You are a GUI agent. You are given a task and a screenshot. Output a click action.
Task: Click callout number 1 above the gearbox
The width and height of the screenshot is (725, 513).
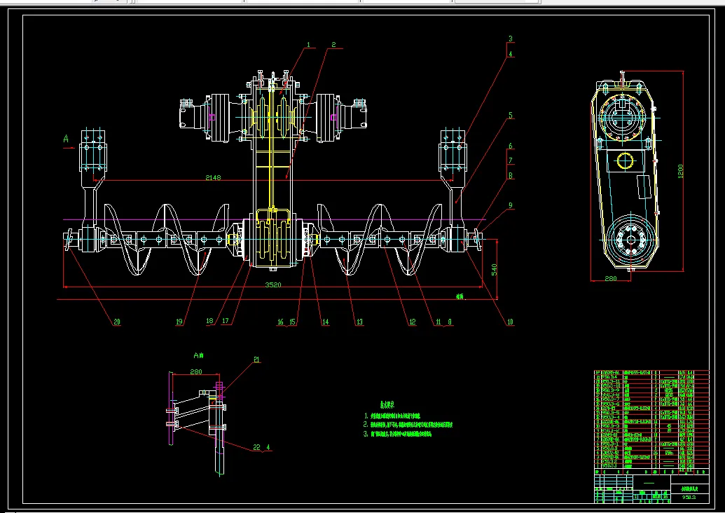coord(308,45)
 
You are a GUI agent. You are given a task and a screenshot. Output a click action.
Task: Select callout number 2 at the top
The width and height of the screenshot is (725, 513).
coord(333,45)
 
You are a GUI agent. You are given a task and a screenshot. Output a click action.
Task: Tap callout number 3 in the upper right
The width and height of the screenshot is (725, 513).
coord(511,39)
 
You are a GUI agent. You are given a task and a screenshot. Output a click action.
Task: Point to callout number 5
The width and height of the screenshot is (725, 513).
coord(511,114)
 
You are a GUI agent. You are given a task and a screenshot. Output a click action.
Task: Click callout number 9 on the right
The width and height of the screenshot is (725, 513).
coord(511,205)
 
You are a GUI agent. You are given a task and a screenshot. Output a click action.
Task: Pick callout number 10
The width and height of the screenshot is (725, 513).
coord(510,322)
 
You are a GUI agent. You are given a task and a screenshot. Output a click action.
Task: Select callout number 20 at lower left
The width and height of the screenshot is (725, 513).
coord(117,322)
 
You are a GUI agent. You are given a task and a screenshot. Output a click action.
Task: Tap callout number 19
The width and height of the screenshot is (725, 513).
coord(179,322)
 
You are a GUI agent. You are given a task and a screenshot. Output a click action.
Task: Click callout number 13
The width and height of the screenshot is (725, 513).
coord(359,322)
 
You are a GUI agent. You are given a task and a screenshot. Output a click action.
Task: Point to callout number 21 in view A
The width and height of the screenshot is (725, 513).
coord(256,360)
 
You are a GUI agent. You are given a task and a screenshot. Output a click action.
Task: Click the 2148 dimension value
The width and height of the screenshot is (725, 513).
coord(213,178)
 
